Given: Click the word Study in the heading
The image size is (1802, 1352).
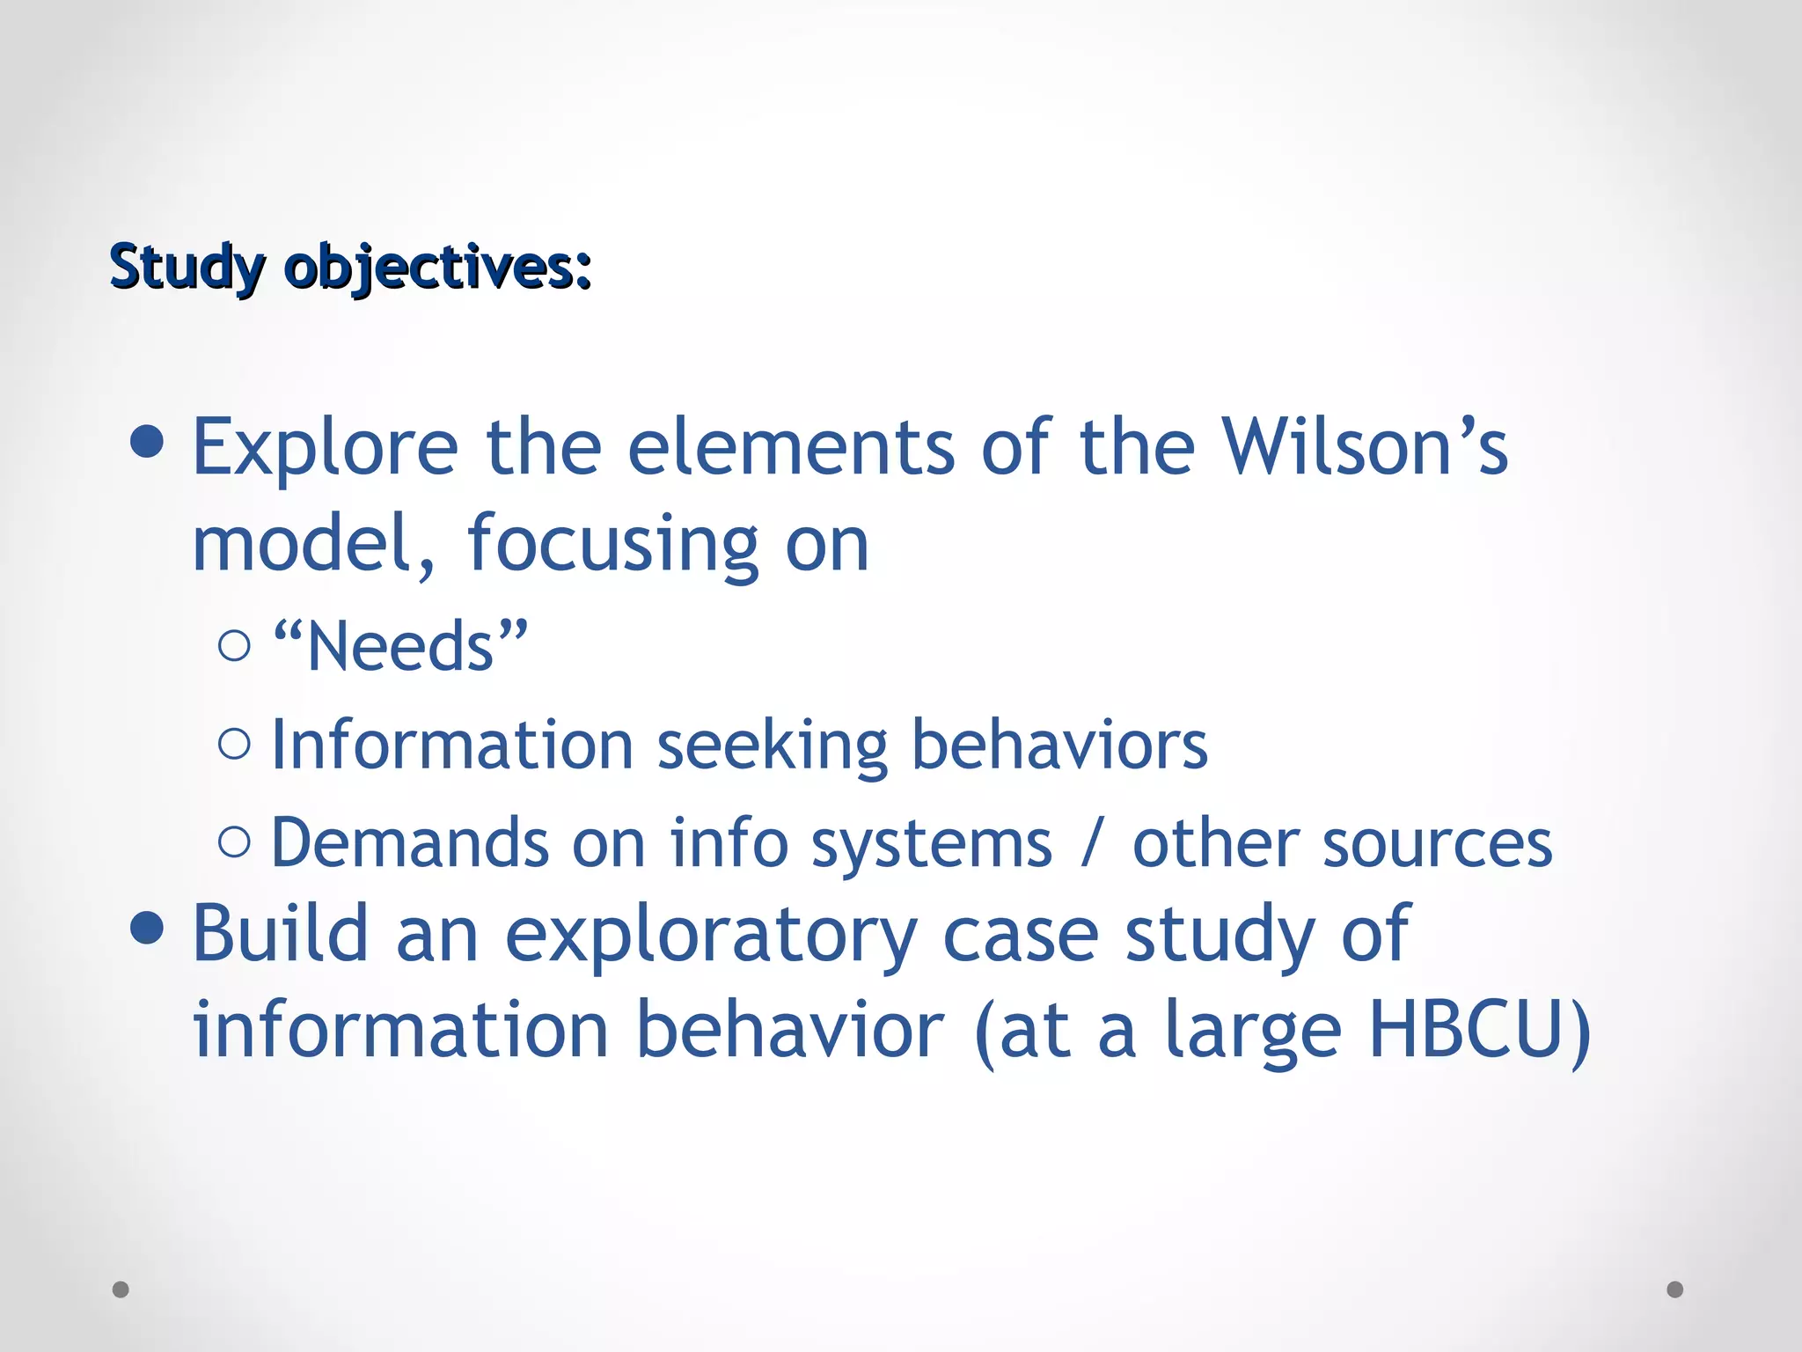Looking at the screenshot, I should click(x=187, y=267).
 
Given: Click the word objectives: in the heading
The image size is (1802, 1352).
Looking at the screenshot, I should click(x=437, y=267).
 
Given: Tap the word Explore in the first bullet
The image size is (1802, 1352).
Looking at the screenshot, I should click(x=325, y=449).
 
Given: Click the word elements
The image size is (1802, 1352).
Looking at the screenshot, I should click(x=791, y=447).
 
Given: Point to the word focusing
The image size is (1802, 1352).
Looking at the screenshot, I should click(x=612, y=545).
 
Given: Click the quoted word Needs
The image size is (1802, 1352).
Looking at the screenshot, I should click(x=400, y=647).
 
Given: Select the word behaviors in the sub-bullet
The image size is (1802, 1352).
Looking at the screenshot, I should click(x=1059, y=746).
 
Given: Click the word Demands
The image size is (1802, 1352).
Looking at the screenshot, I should click(x=410, y=844).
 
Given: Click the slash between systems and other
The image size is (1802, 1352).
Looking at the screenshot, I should click(x=1092, y=844).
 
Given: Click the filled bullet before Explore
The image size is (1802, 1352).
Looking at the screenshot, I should click(x=147, y=442).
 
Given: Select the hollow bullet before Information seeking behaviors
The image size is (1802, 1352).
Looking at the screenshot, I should click(x=234, y=744).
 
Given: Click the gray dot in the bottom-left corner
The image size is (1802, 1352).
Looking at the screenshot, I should click(x=121, y=1290).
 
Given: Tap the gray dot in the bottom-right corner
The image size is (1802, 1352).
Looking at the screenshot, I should click(x=1675, y=1290).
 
